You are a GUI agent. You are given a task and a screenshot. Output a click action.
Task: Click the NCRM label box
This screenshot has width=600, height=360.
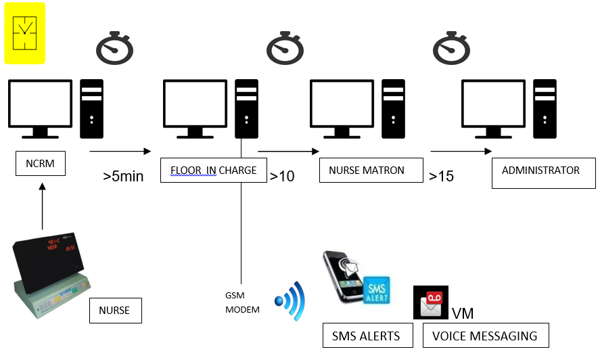tap(41, 164)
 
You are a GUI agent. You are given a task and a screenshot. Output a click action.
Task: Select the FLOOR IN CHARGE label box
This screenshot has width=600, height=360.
tap(214, 170)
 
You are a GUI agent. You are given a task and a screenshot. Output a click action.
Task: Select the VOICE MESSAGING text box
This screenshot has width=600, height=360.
tap(485, 336)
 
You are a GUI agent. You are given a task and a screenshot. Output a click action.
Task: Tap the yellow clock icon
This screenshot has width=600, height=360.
tap(25, 33)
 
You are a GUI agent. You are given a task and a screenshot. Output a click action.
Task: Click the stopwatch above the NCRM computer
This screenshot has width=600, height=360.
tap(114, 47)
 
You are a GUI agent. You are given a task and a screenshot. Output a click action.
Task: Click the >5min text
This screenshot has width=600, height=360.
tap(123, 177)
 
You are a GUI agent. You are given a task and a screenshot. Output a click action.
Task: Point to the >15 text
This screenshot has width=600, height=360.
tap(441, 177)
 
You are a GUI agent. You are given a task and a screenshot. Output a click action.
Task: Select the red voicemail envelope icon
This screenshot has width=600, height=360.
tap(430, 302)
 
